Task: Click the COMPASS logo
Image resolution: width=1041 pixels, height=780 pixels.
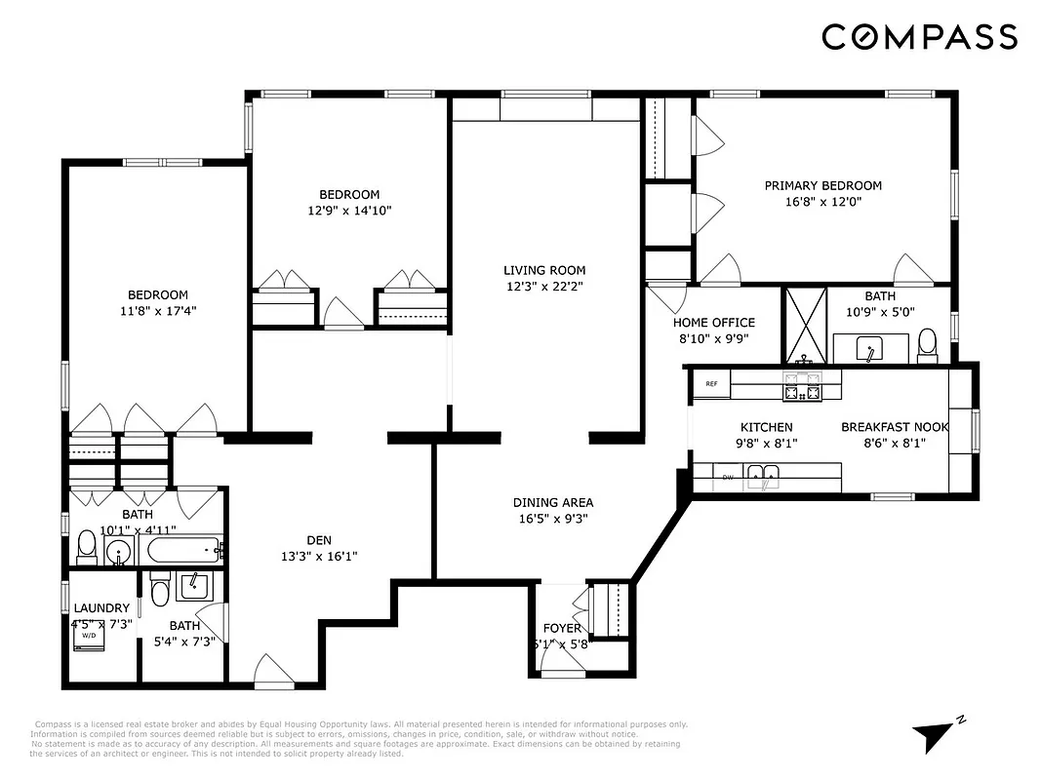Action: click(919, 37)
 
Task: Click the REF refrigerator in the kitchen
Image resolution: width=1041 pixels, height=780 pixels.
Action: click(711, 384)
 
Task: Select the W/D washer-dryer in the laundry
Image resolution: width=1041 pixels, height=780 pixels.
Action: click(89, 635)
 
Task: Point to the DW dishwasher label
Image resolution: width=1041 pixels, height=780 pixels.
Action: click(728, 477)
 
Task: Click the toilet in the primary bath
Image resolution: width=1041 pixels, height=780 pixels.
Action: click(927, 344)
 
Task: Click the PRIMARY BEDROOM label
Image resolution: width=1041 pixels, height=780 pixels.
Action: click(822, 185)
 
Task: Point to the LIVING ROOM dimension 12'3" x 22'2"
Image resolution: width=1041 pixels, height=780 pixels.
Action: click(544, 287)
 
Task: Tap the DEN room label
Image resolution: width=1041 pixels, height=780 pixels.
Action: click(319, 540)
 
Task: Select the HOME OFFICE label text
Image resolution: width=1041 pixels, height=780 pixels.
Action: click(713, 323)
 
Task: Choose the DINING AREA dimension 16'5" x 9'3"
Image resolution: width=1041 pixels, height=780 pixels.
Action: click(553, 520)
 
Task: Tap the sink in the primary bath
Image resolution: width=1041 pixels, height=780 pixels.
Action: click(870, 346)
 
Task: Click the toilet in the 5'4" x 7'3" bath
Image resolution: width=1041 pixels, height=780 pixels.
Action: click(159, 591)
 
